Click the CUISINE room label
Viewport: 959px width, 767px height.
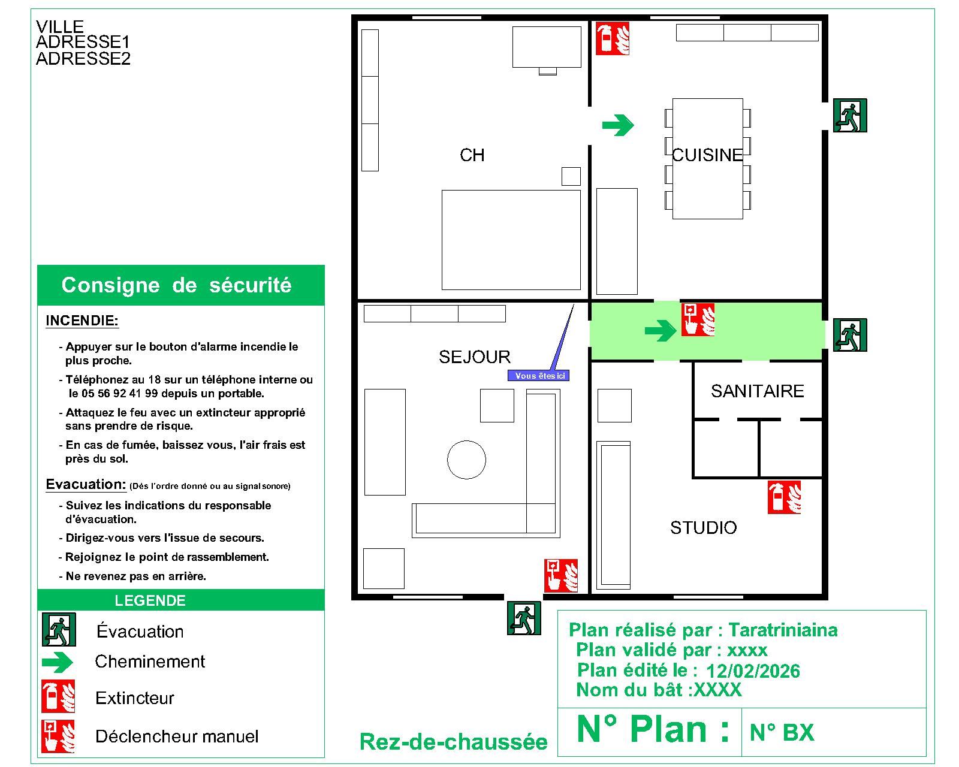(707, 155)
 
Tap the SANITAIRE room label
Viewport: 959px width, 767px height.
(757, 391)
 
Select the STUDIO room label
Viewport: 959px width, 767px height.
(703, 528)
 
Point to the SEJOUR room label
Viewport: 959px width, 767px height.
(475, 357)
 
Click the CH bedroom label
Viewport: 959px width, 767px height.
(472, 155)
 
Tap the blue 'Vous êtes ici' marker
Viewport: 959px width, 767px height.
(538, 376)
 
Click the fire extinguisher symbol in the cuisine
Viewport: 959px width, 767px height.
(612, 38)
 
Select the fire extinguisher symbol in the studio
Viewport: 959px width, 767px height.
(784, 497)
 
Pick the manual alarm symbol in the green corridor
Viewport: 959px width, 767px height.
(698, 319)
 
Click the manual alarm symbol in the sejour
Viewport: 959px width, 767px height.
(561, 575)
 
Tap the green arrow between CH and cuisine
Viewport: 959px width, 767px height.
(617, 125)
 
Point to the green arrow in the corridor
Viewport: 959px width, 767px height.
(661, 330)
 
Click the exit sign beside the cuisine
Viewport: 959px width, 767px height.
(850, 116)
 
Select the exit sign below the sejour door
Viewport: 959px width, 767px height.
(524, 618)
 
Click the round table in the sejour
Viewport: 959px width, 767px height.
(466, 460)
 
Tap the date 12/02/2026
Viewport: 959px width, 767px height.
(753, 671)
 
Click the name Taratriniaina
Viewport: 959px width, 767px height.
(783, 630)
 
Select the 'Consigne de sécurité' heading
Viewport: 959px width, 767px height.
(176, 285)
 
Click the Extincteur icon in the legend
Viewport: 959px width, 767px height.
(58, 696)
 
